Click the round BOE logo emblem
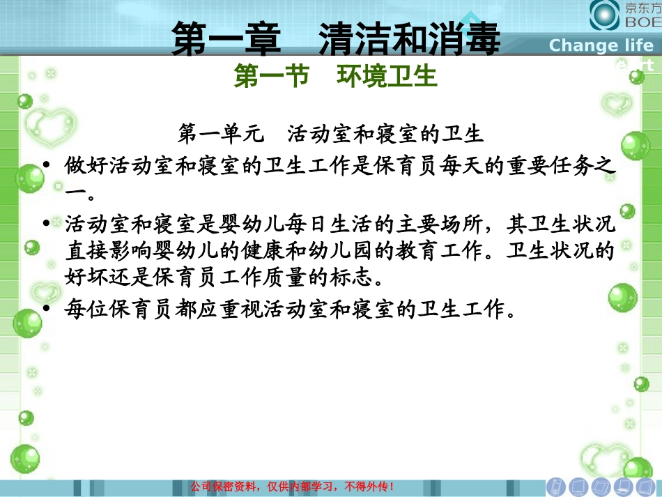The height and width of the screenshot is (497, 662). tap(604, 15)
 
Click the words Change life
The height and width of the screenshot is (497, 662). tap(601, 46)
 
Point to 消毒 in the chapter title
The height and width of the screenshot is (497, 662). tap(463, 40)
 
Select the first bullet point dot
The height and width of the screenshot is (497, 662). tap(47, 166)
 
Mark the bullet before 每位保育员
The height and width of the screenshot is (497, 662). tap(47, 309)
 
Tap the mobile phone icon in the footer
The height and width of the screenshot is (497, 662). tap(555, 486)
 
